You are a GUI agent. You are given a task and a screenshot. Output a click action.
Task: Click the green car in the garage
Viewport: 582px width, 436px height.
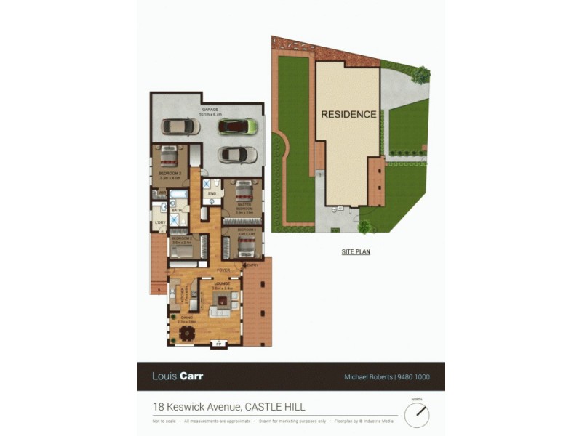coord(238,126)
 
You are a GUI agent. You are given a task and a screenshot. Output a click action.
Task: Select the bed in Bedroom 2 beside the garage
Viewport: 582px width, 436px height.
coord(169,157)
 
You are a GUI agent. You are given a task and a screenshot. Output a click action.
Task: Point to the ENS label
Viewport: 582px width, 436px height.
coord(212,194)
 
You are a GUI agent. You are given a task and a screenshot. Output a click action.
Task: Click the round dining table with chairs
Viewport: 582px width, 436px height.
coord(188,333)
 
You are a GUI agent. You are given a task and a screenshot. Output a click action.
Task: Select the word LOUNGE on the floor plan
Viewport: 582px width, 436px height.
coord(222,283)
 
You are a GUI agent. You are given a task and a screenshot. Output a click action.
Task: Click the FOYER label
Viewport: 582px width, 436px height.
coord(223,270)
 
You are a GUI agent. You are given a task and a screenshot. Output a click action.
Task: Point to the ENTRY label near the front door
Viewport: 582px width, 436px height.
coord(252,265)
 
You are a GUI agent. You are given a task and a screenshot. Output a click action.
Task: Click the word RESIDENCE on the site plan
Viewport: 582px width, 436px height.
coord(348,114)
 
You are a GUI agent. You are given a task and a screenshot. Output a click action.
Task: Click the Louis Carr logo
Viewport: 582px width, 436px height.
coord(178,376)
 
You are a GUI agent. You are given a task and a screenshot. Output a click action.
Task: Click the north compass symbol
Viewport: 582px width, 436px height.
coord(417,415)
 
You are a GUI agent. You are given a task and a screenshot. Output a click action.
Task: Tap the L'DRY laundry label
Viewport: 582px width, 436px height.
coord(159,221)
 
